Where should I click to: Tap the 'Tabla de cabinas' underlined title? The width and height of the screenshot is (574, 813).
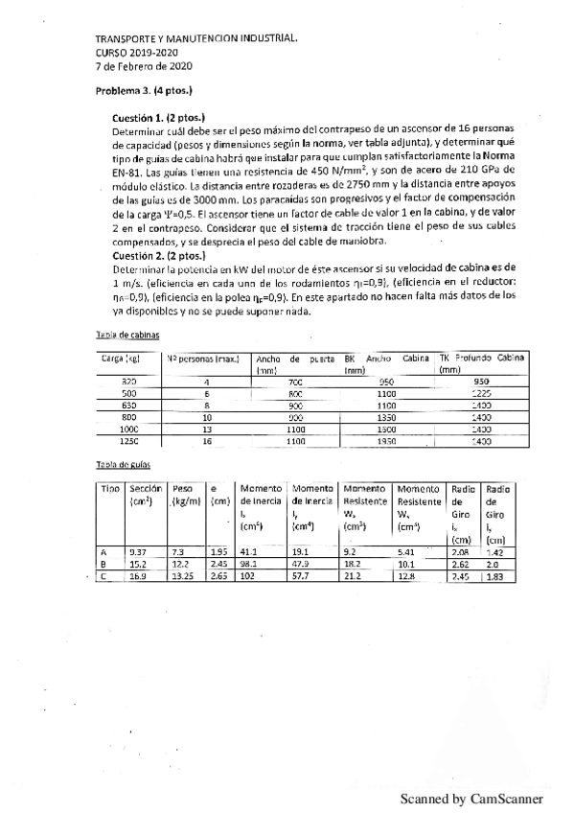122,335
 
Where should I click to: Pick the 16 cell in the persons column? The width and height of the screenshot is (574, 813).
206,442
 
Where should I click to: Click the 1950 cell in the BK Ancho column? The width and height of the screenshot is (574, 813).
386,442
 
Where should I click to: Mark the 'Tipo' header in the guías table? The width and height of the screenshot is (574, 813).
110,488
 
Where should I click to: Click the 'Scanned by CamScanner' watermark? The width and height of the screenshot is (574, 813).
471,798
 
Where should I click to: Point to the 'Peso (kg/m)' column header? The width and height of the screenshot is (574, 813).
185,495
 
